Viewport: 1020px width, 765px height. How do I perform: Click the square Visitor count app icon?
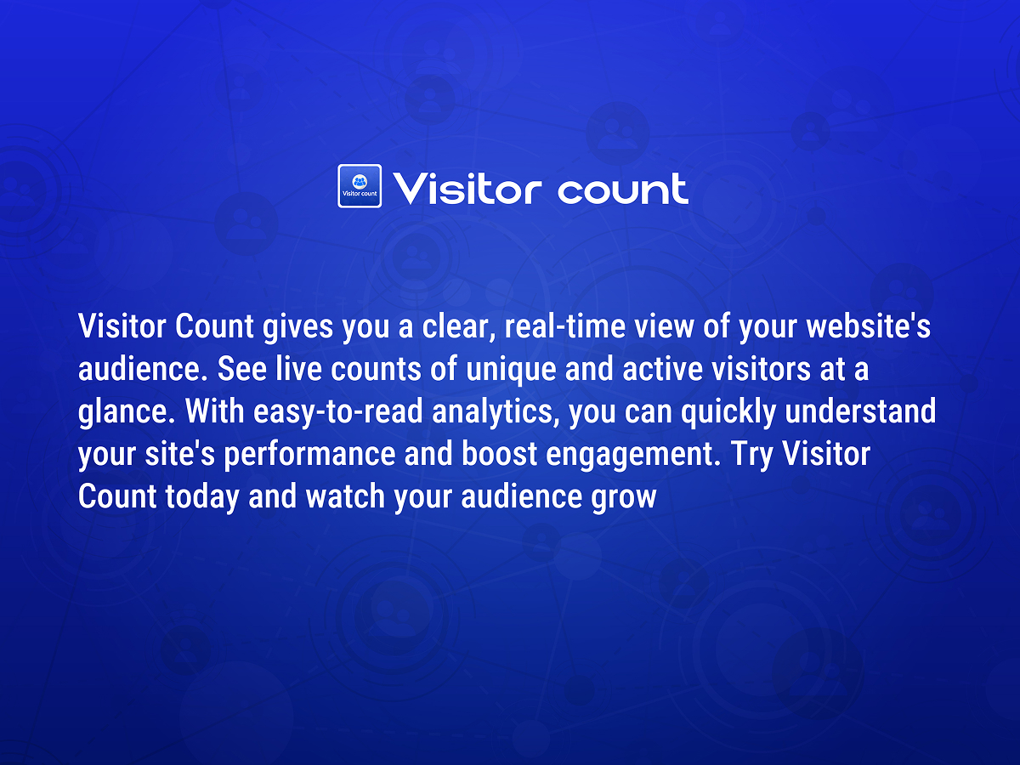360,186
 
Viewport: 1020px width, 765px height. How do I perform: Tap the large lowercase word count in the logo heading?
623,189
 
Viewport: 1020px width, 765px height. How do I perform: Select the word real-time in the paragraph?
565,326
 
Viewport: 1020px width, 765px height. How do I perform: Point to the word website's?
869,326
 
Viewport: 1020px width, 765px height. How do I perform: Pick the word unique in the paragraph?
511,370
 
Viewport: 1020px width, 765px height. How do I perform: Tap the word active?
663,369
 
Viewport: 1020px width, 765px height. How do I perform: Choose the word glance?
127,413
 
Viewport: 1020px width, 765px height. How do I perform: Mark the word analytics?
496,413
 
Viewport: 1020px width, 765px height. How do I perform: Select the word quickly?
728,413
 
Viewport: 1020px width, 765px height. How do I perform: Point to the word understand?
860,411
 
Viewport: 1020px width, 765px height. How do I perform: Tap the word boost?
500,454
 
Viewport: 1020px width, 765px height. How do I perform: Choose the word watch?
345,496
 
